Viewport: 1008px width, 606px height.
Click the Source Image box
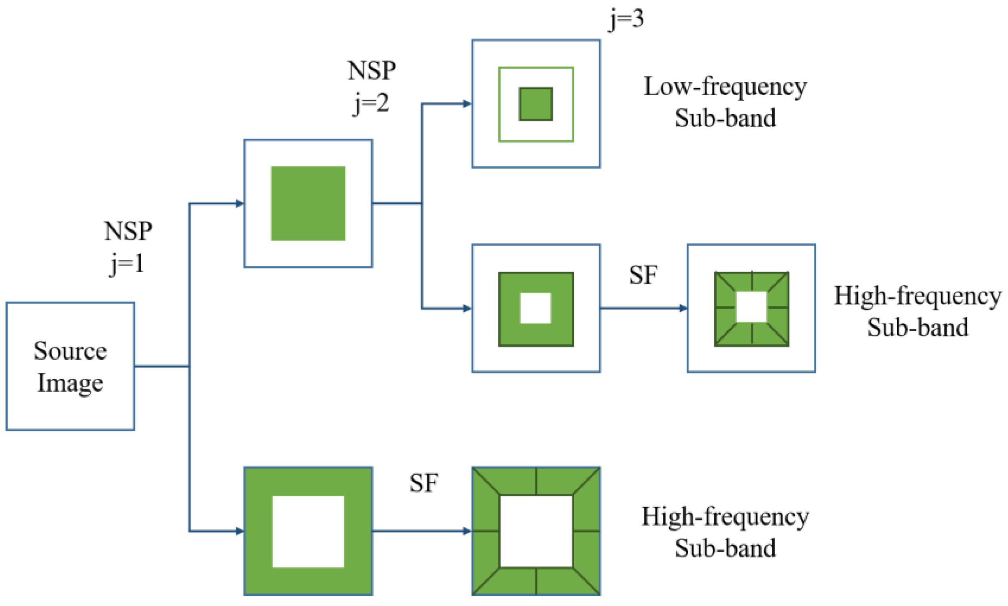70,366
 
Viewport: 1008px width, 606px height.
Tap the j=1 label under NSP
127,264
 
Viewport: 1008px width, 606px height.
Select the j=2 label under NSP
371,103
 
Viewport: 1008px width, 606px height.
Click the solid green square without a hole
308,203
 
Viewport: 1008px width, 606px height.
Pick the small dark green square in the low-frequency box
535,104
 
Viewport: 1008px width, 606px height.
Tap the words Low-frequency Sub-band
725,102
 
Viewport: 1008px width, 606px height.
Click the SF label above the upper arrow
643,275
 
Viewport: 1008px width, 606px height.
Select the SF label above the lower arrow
424,483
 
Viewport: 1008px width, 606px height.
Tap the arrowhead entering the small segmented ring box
683,308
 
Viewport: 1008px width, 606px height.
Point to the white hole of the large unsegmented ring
308,531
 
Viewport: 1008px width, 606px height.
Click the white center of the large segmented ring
536,531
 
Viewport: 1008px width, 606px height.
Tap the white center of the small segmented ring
751,307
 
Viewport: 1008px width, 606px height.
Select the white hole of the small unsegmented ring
535,308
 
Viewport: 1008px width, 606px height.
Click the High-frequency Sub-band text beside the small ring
917,311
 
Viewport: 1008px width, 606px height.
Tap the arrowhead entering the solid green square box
240,203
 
